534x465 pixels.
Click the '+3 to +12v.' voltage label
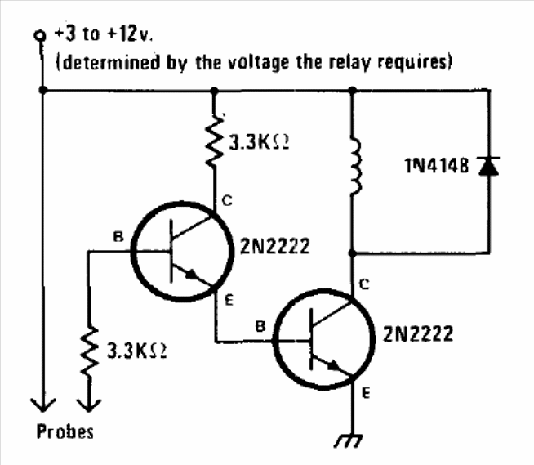click(x=105, y=37)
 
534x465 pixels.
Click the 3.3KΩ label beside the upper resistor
click(x=259, y=141)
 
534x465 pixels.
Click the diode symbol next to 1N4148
click(x=488, y=166)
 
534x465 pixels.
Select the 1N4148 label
click(x=437, y=167)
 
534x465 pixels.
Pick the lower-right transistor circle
click(x=318, y=339)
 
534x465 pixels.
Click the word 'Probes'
click(x=65, y=431)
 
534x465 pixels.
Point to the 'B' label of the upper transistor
click(x=118, y=238)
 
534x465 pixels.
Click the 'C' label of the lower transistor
click(x=364, y=284)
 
